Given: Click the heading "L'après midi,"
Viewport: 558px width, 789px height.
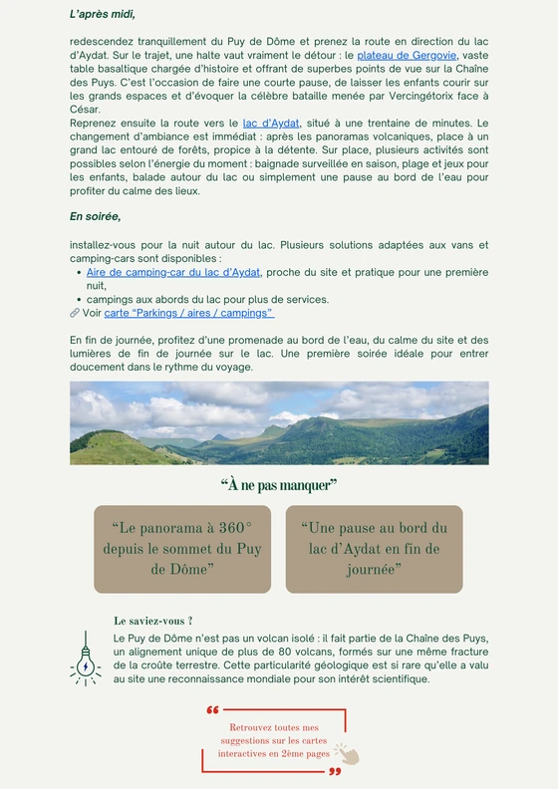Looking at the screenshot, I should pos(103,15).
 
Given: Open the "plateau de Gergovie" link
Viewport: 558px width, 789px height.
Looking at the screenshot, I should pos(407,56).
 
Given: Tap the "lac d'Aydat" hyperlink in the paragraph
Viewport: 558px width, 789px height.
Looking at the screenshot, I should pos(271,124).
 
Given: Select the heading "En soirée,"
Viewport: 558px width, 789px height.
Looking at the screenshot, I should pos(95,216).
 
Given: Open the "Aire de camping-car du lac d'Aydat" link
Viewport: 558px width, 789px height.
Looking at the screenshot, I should pos(173,272).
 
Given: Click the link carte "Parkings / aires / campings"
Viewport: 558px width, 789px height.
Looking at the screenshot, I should pos(189,313).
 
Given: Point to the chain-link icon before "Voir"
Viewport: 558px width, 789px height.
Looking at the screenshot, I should pos(75,313).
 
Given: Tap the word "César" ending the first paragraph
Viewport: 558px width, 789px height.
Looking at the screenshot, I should pos(88,110).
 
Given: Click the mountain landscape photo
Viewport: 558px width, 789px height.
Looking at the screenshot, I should pos(279,422).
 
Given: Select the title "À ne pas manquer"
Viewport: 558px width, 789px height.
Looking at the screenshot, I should pos(279,485).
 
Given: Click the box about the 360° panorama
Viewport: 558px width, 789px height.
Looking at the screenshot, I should pos(182,549).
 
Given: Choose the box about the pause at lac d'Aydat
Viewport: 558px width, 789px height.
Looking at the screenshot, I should pos(375,549).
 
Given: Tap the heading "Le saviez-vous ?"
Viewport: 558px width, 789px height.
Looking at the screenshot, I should pos(153,621).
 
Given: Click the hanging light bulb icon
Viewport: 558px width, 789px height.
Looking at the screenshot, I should pos(86,657).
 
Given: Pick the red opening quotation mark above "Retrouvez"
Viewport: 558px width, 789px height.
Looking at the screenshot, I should pos(212,711).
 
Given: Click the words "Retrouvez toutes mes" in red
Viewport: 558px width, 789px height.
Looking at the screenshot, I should pos(274,728).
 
